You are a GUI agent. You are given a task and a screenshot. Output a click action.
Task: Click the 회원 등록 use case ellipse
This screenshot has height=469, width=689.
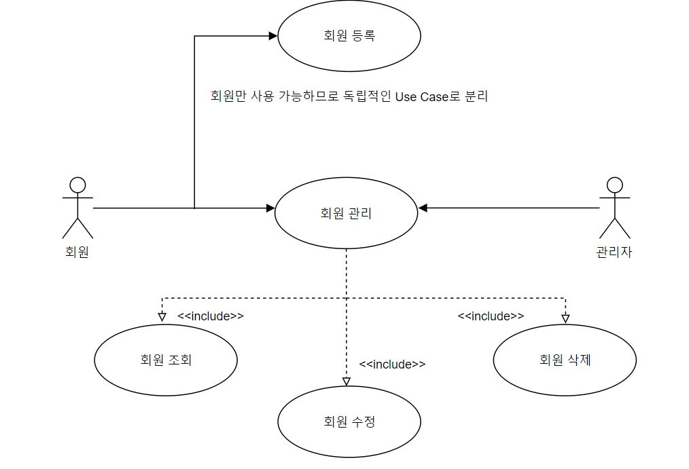(x=349, y=36)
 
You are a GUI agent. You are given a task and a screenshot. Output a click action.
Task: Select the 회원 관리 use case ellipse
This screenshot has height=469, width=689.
(x=346, y=213)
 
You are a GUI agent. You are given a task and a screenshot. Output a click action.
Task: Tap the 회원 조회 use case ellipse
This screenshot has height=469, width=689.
(x=166, y=360)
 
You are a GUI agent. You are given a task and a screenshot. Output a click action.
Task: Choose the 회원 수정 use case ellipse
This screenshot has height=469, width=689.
(x=349, y=421)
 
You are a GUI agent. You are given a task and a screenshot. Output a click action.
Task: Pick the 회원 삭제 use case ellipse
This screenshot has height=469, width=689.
(x=565, y=360)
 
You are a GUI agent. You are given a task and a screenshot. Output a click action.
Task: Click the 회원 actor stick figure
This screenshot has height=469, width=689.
(x=77, y=208)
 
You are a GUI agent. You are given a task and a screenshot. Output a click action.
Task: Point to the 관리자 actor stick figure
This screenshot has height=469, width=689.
(x=615, y=208)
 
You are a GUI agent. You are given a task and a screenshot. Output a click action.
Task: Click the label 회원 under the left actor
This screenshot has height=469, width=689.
(x=77, y=252)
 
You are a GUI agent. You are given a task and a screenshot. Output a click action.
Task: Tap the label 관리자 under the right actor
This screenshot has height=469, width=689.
(x=614, y=252)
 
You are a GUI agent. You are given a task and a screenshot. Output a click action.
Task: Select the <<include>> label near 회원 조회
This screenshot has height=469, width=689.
(x=211, y=316)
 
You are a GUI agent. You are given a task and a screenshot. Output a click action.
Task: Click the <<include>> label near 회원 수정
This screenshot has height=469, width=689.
(x=392, y=364)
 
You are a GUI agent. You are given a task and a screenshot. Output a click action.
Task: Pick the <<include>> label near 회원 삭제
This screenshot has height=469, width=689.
(x=491, y=316)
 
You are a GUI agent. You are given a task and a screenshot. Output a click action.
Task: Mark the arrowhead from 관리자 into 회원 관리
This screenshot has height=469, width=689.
(x=423, y=208)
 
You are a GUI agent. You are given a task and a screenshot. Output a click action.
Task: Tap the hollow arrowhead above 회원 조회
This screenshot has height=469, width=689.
(x=162, y=317)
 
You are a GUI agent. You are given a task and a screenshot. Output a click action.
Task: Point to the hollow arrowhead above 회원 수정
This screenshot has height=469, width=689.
(x=346, y=381)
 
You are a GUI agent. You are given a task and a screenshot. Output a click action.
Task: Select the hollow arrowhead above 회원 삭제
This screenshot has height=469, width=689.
(x=565, y=318)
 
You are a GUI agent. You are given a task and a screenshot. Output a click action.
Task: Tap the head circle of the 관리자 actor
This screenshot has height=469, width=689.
(x=615, y=184)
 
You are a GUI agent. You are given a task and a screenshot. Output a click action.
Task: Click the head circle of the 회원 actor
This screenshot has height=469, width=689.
(x=77, y=184)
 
